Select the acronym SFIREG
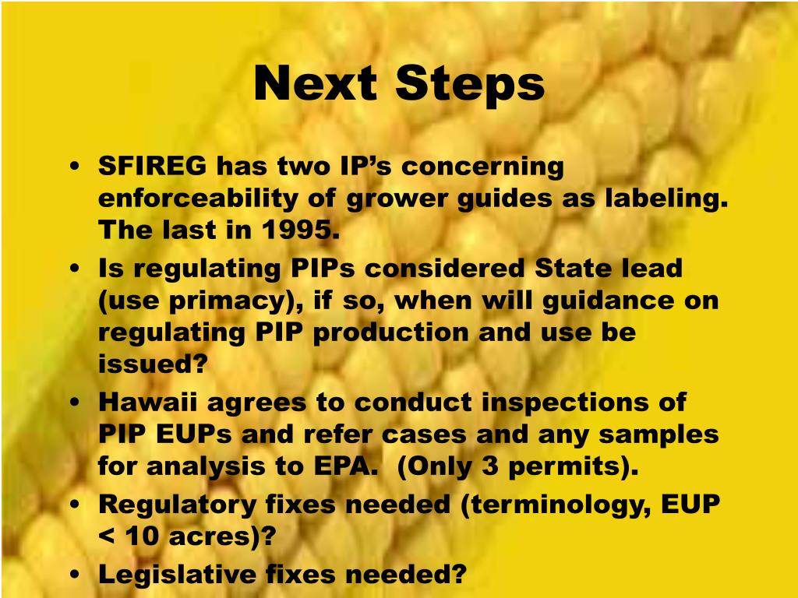(x=153, y=166)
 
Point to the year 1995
(x=302, y=230)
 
